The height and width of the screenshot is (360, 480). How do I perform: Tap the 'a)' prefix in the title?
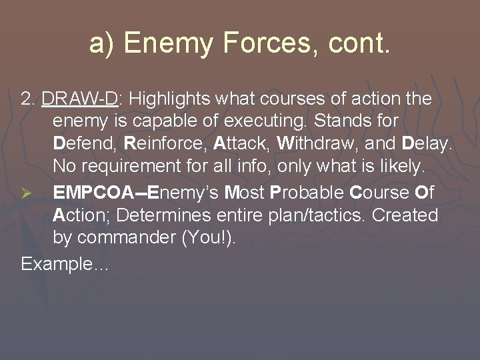click(x=103, y=44)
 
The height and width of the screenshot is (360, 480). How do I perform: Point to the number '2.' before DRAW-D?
click(x=29, y=99)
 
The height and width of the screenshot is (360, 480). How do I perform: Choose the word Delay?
click(x=427, y=143)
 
